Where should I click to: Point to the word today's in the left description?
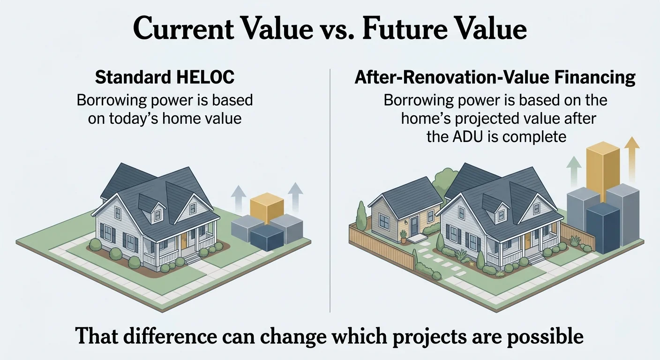133,118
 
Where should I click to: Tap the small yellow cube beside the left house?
266,210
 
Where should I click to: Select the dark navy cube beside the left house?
267,238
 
